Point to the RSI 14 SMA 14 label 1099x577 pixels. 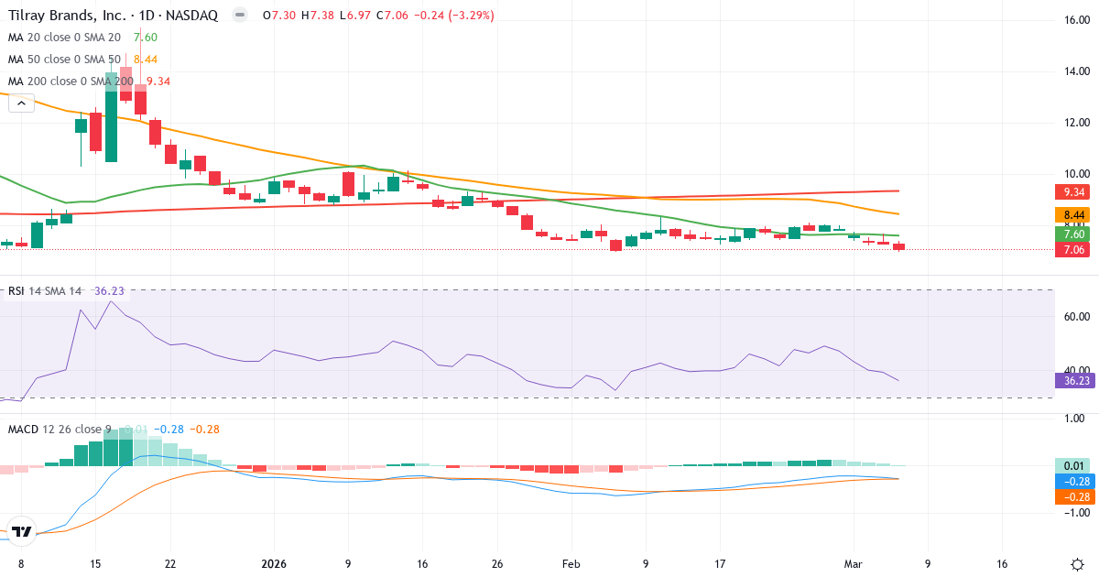(x=45, y=291)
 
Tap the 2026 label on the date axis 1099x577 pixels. (x=275, y=564)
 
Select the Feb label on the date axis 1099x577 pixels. (x=571, y=564)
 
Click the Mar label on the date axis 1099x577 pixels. (x=853, y=564)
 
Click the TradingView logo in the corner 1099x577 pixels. (x=22, y=531)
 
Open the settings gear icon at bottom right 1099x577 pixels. (x=1077, y=564)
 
